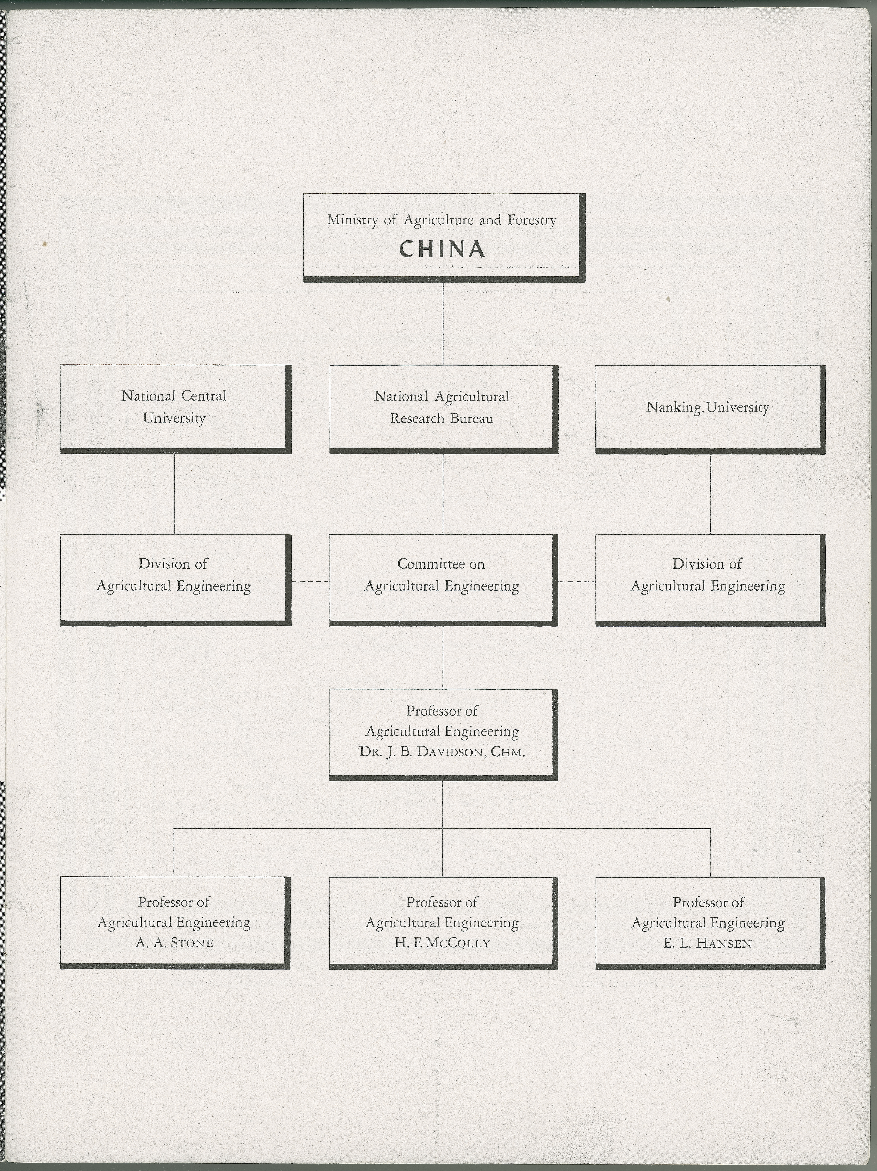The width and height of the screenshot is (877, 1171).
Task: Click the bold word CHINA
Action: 442,249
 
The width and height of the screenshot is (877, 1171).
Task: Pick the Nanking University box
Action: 709,408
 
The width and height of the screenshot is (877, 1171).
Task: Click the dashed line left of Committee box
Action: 310,582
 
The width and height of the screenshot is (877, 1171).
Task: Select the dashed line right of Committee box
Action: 576,582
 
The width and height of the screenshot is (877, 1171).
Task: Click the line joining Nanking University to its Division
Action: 710,493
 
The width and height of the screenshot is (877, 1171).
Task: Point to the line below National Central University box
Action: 174,493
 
